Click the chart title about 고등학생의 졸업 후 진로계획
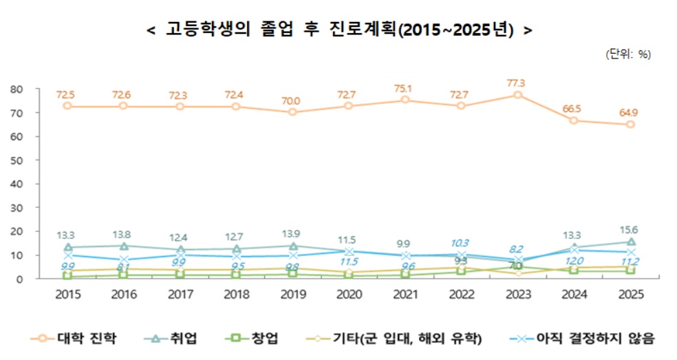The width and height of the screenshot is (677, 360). click(x=339, y=30)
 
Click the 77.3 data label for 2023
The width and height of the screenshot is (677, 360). click(x=517, y=83)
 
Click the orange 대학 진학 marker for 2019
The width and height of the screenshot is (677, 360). click(x=292, y=112)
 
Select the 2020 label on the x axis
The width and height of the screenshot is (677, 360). click(x=349, y=294)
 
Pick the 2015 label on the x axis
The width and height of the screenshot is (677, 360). click(x=67, y=294)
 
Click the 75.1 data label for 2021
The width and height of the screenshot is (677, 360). click(x=405, y=88)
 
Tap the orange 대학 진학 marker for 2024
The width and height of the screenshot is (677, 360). click(x=573, y=120)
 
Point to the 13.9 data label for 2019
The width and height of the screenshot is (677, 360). click(x=292, y=234)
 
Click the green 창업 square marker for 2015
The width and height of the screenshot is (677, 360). click(x=67, y=275)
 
